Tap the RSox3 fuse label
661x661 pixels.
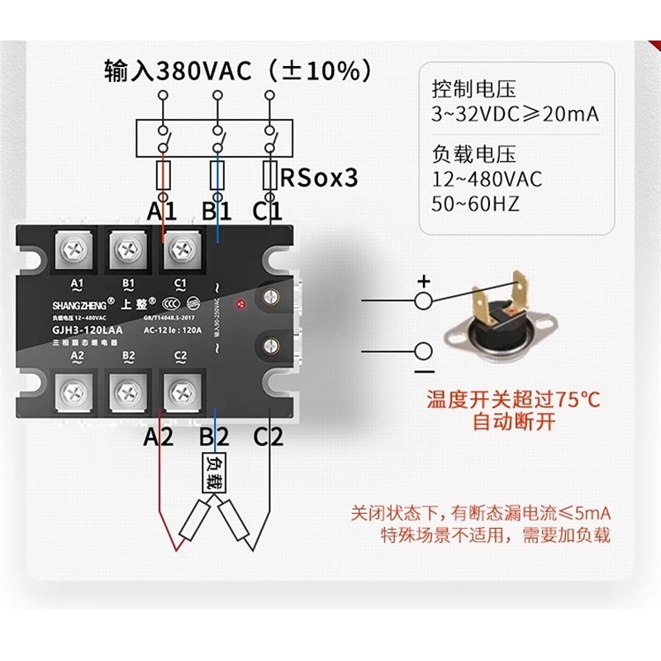pos(319,177)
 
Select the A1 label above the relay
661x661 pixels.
pos(163,211)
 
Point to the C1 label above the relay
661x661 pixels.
pos(268,211)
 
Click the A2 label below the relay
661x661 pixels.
pos(159,436)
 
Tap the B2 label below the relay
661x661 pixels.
pos(214,436)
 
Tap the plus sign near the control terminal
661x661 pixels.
pos(423,282)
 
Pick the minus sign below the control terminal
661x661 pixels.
pos(423,373)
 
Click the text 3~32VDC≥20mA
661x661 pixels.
pos(514,115)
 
